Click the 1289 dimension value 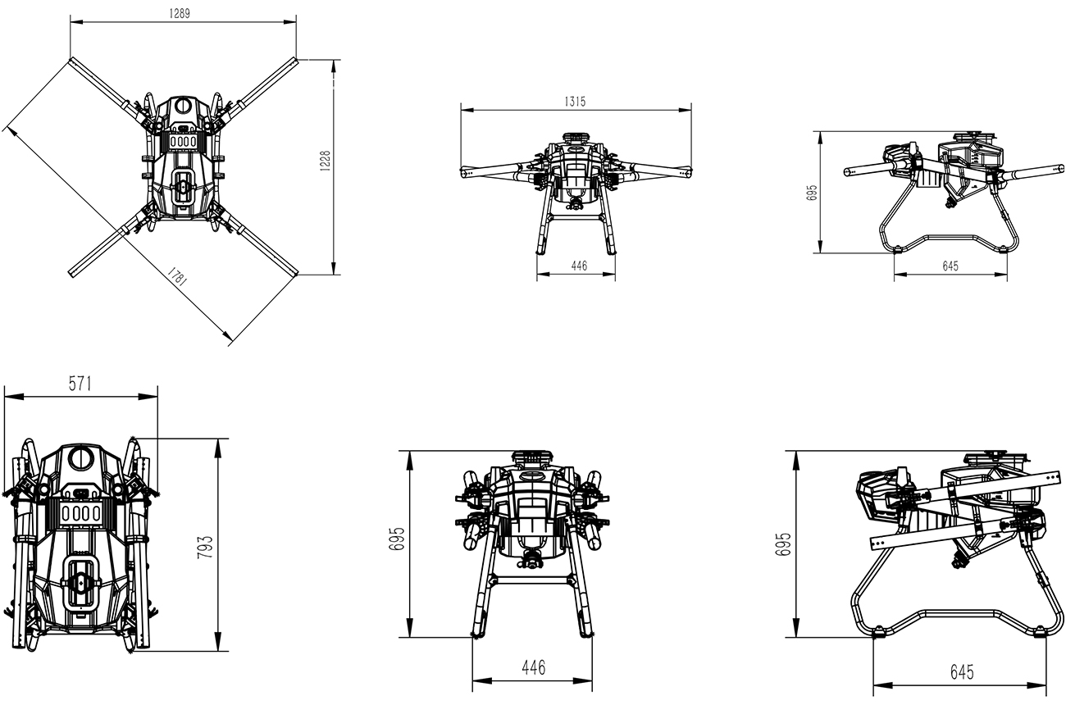point(180,13)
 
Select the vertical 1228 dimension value point(325,161)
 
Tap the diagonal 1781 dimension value point(177,276)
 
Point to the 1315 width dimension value point(575,102)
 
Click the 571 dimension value point(80,384)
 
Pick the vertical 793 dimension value point(205,547)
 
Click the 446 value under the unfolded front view point(579,266)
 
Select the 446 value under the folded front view point(534,668)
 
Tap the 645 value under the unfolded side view point(950,266)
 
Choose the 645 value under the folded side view point(962,671)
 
